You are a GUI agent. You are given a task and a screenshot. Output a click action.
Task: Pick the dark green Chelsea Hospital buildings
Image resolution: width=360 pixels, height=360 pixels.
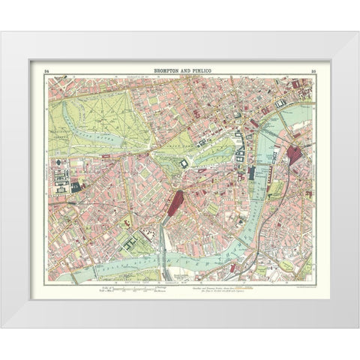129,244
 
